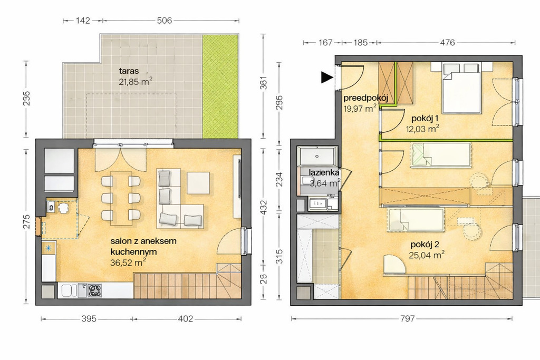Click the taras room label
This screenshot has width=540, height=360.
(129, 71)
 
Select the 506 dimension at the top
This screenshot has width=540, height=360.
(165, 21)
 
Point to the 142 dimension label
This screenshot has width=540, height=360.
(83, 21)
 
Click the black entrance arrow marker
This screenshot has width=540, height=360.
(327, 77)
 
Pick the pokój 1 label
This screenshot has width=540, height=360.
(425, 119)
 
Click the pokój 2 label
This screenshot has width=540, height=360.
(425, 245)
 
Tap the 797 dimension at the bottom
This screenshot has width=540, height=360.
(407, 319)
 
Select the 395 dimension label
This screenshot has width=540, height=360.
(89, 319)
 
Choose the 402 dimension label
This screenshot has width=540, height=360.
(185, 319)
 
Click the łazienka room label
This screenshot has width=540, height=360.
(324, 172)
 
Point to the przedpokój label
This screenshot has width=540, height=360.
(366, 98)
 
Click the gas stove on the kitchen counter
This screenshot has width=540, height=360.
(94, 290)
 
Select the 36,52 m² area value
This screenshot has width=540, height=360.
(128, 262)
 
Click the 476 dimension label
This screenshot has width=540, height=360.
(447, 43)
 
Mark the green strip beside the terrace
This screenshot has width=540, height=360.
(220, 86)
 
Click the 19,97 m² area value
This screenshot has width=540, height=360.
(360, 109)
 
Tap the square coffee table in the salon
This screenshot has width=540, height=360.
(198, 183)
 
